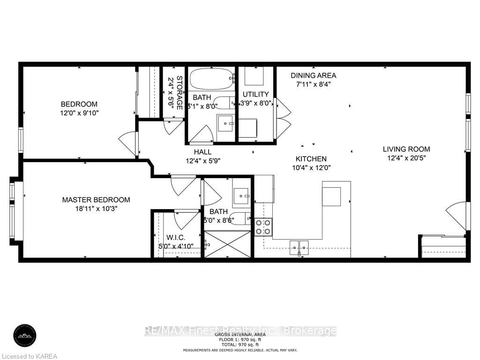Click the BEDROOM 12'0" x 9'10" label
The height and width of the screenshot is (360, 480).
[x=79, y=108]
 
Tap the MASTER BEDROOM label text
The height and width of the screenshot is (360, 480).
[x=96, y=204]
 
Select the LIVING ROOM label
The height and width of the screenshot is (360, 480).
[x=406, y=154]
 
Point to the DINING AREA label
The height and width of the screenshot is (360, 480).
[x=313, y=80]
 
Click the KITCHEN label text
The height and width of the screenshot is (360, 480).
[x=311, y=163]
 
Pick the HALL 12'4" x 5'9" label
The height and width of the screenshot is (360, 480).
[x=202, y=156]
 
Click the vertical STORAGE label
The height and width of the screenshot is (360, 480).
[x=174, y=93]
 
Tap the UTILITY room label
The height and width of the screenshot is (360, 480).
[x=255, y=98]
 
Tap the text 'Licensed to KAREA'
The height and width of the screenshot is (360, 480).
[x=29, y=356]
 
